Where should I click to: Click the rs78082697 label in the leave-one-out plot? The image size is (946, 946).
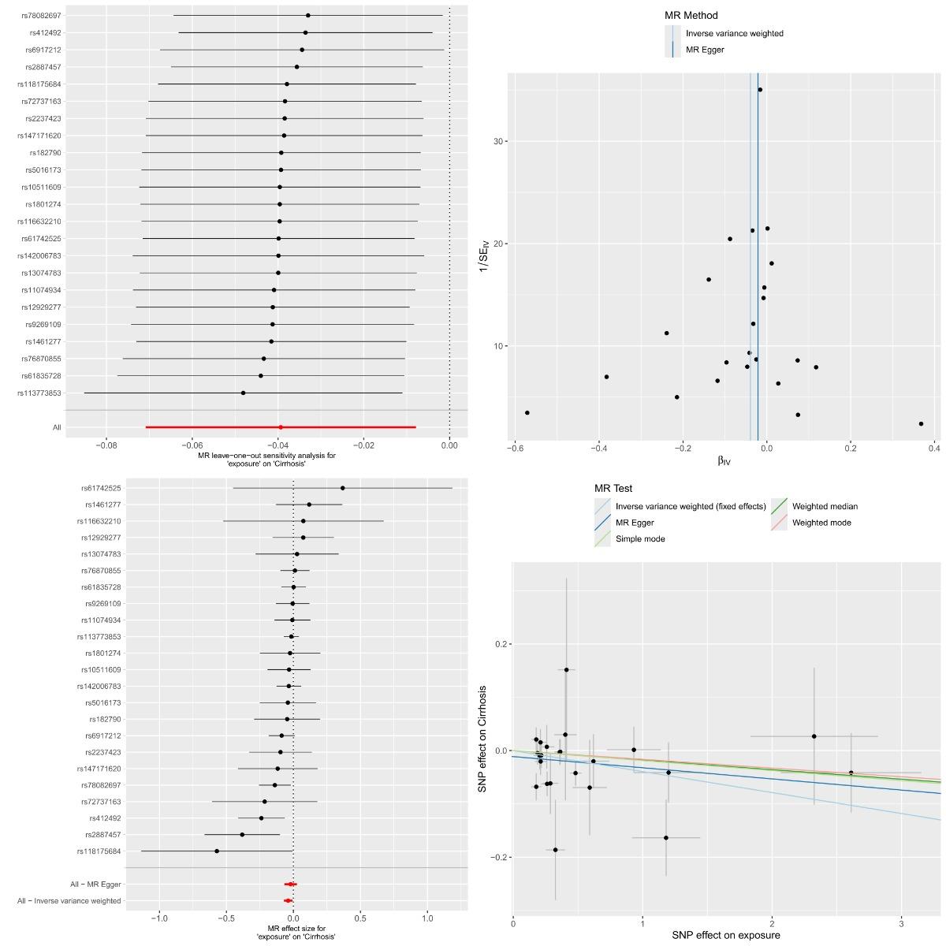point(41,16)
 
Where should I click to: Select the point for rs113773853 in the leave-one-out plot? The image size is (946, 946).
point(243,393)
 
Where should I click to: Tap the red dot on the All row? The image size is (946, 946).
point(281,427)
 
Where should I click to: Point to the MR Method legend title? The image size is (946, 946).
point(691,15)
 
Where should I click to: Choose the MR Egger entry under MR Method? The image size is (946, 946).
point(705,50)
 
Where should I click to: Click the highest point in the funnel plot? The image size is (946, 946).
point(760,90)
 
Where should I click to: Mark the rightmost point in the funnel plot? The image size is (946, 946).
point(921,423)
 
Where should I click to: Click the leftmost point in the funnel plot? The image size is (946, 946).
point(527,413)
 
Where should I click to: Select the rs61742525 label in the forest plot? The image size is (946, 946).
point(101,488)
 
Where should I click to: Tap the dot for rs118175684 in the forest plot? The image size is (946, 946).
point(217,851)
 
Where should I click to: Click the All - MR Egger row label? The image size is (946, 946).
point(95,885)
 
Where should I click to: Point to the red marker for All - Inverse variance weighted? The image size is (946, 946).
point(288,900)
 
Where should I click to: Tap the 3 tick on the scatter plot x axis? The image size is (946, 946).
point(901,924)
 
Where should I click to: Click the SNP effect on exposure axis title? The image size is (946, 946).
point(725,935)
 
